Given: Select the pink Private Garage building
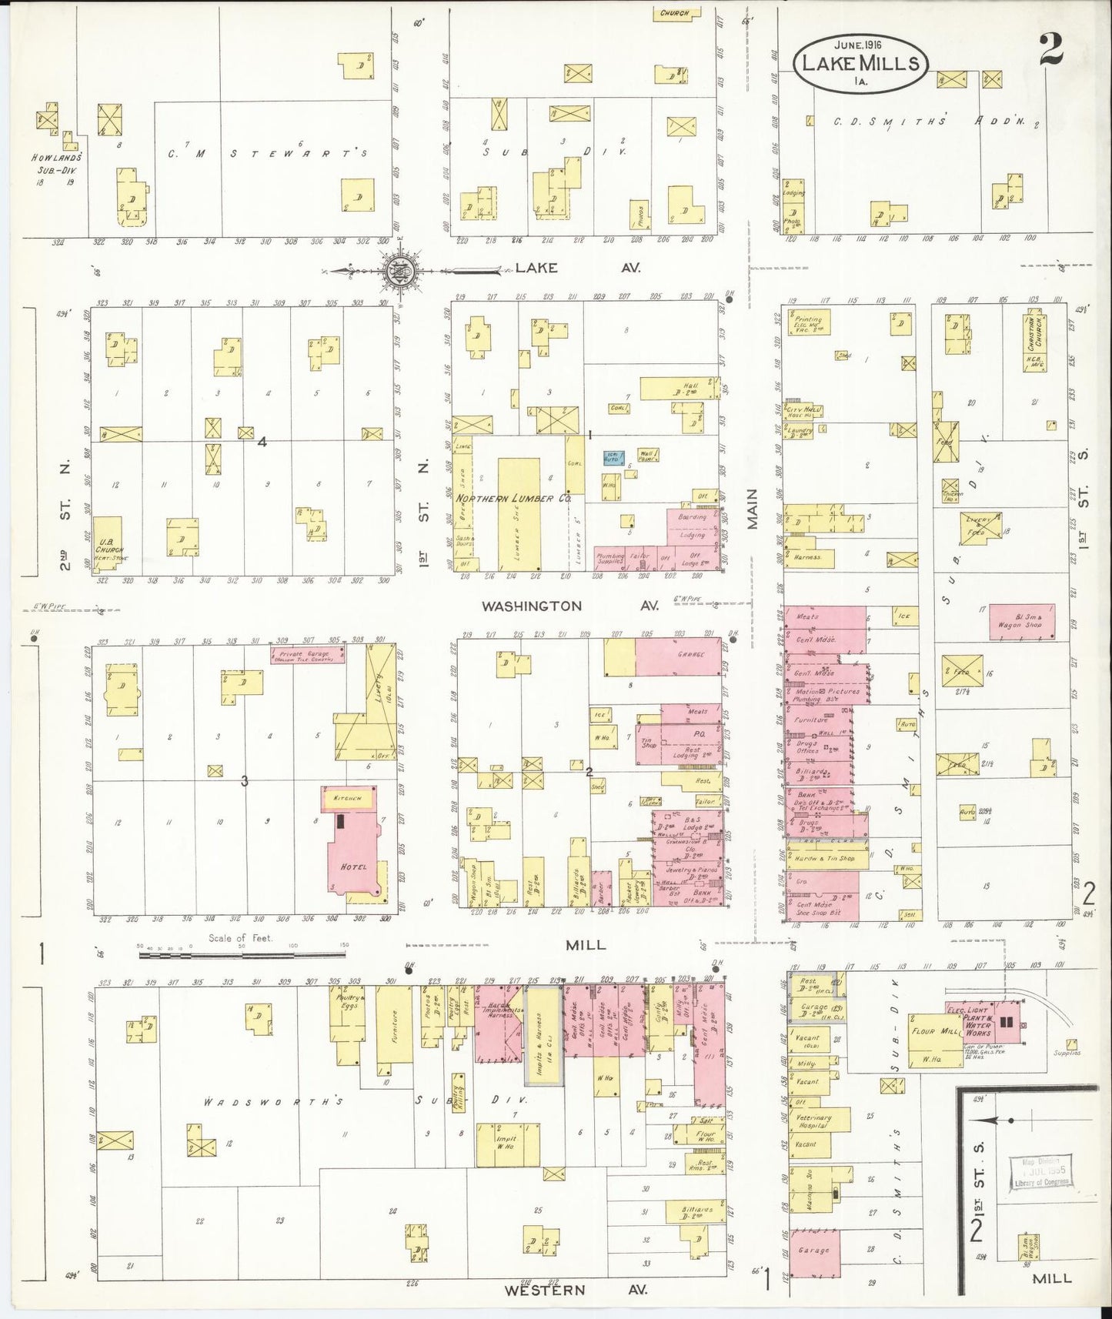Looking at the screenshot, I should tap(307, 655).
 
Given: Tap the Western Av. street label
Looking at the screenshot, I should tap(575, 1289).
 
